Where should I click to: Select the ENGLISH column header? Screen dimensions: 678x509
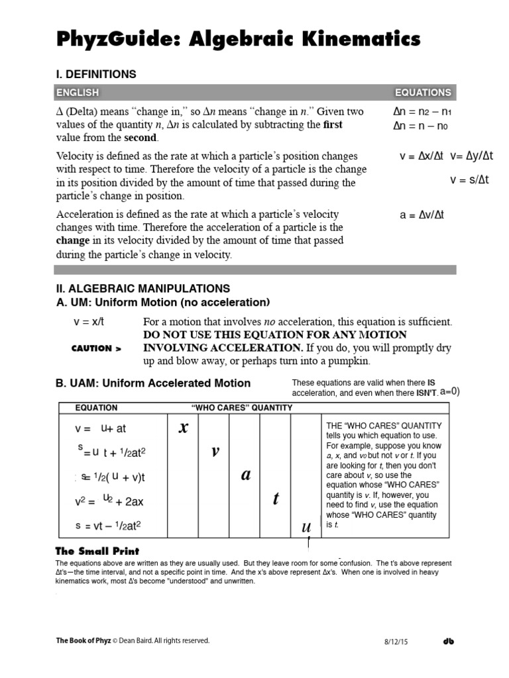point(78,93)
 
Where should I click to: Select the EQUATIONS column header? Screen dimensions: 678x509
point(423,93)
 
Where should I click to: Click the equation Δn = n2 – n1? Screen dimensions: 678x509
point(422,112)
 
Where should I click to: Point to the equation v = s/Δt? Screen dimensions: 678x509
point(469,180)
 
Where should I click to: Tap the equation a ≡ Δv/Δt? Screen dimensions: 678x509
point(422,215)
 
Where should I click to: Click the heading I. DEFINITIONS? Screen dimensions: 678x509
point(96,74)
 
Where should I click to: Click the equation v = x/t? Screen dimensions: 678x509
point(89,322)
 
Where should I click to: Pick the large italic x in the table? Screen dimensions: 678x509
point(184,428)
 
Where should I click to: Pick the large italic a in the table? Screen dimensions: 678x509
point(245,475)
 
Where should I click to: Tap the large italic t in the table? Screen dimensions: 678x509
point(276,499)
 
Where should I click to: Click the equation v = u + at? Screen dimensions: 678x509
point(100,428)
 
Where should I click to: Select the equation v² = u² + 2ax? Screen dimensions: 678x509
point(109,501)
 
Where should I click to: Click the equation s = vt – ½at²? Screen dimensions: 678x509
point(108,526)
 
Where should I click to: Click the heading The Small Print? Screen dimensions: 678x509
point(97,551)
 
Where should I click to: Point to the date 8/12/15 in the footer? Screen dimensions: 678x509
point(394,642)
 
